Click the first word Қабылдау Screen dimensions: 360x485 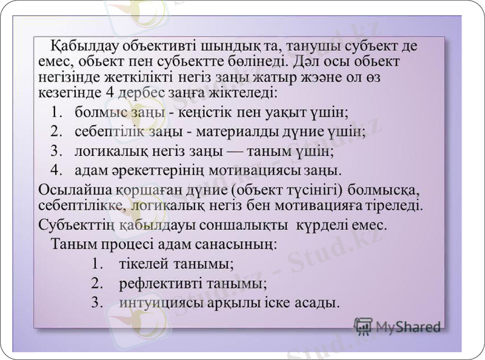pos(82,45)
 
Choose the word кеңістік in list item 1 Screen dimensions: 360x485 pos(212,113)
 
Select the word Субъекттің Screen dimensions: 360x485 pos(78,225)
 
